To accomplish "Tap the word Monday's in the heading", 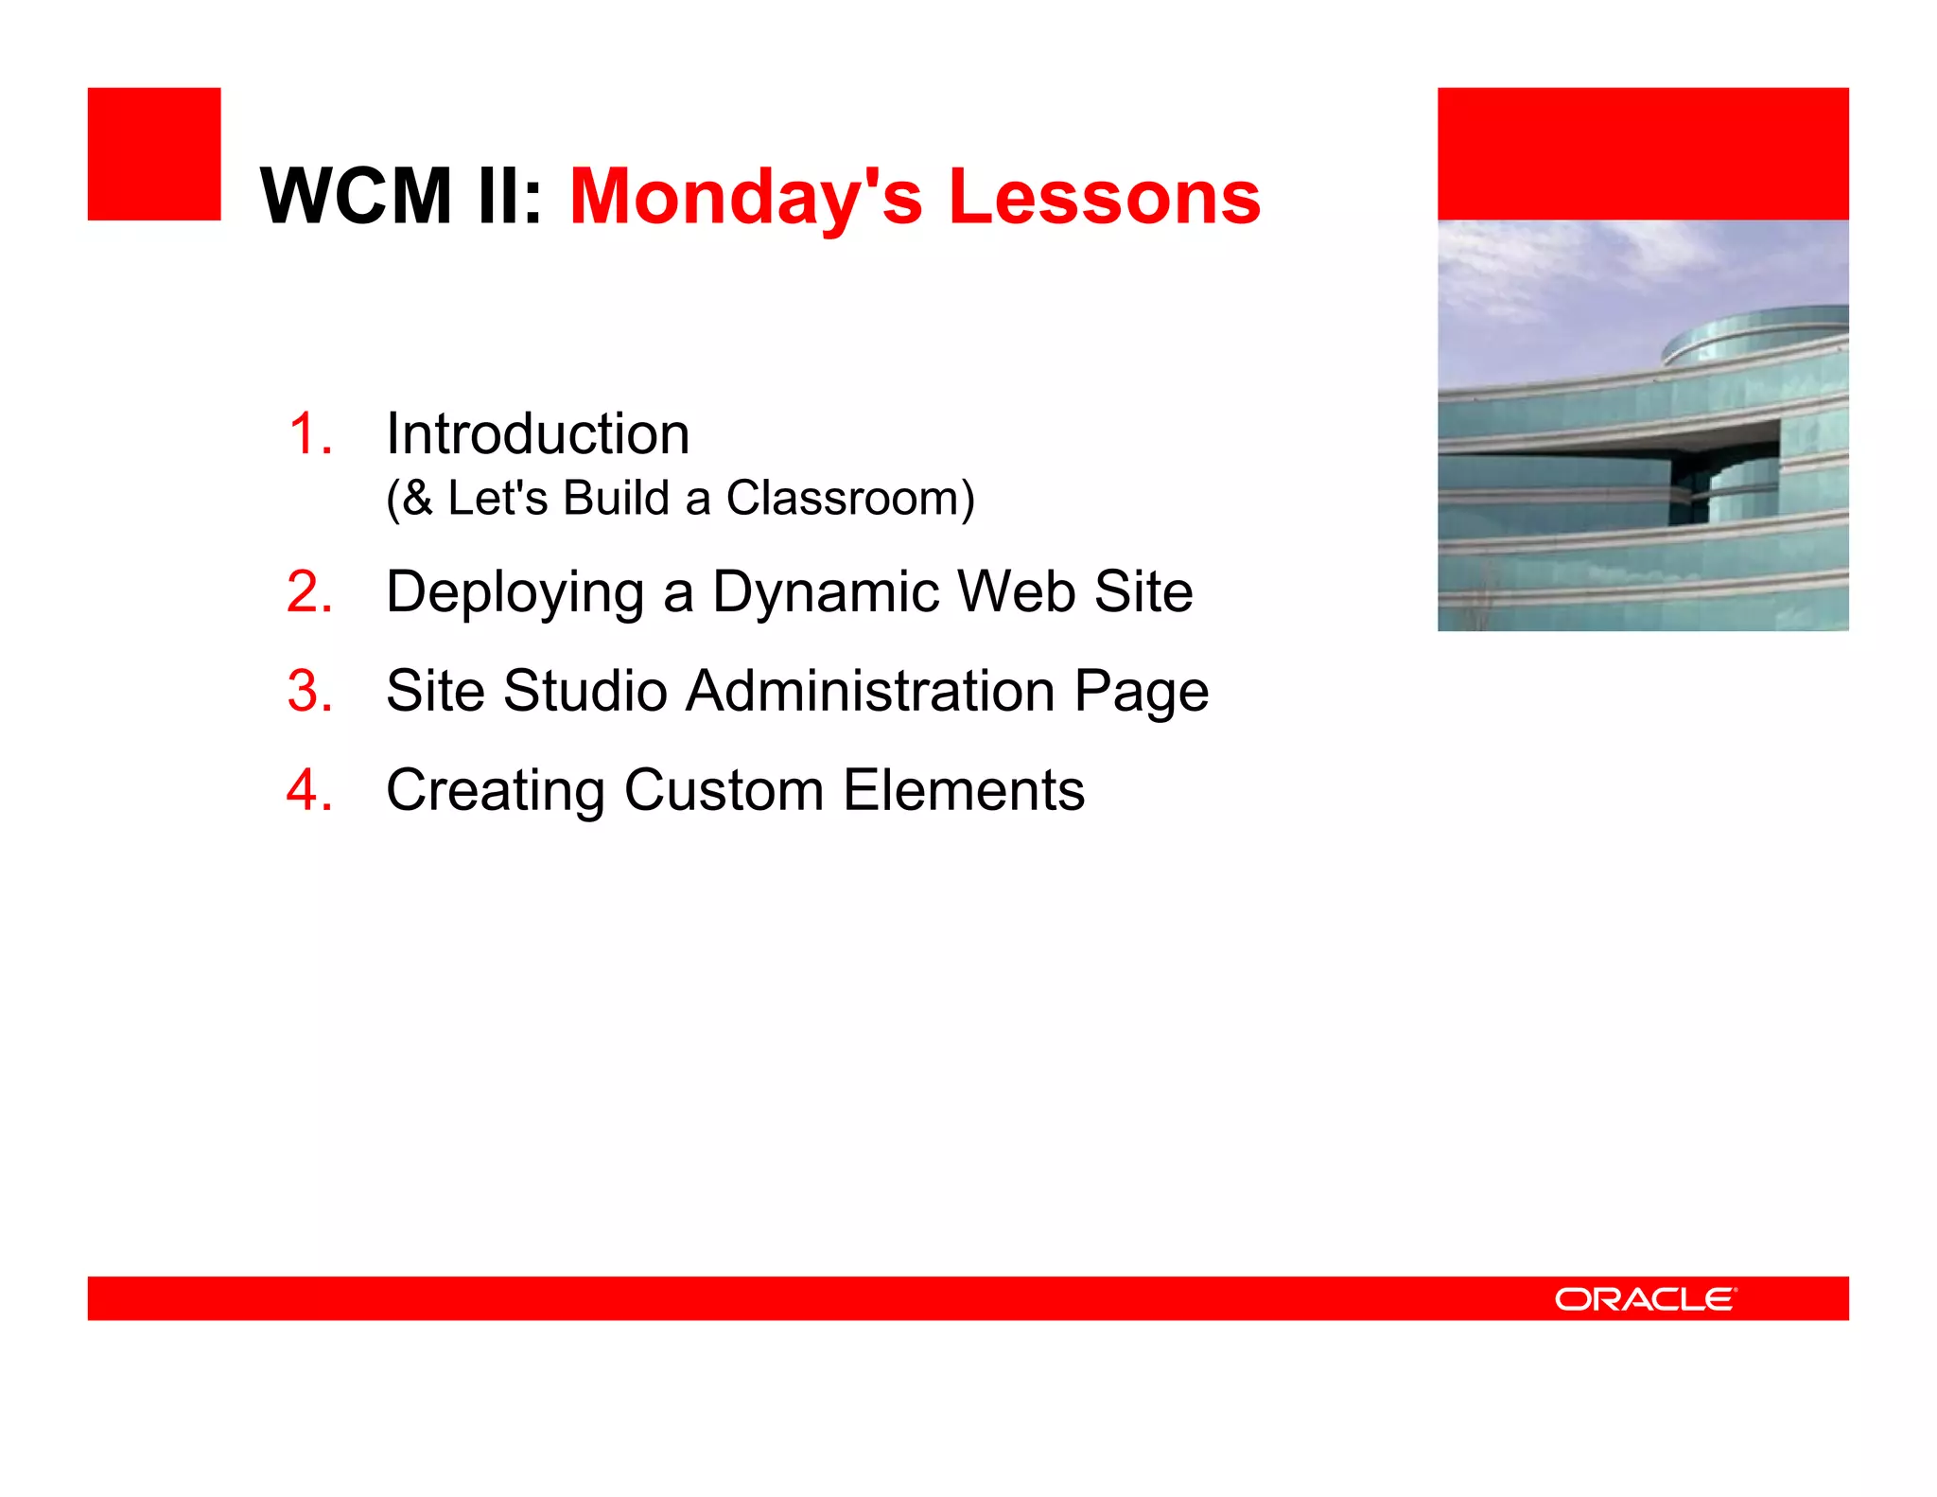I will coord(745,198).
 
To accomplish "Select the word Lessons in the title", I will coord(1104,196).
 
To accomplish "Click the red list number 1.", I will coord(308,434).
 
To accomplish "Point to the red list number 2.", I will coord(308,592).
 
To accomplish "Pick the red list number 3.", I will coord(308,691).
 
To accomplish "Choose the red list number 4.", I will coord(308,790).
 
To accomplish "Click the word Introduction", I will coord(537,434).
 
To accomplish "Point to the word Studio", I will coord(585,691).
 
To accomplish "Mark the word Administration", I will coord(870,691).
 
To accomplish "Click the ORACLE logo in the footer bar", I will coord(1645,1299).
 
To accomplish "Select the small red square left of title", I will coord(154,154).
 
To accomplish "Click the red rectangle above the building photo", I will coord(1643,154).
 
